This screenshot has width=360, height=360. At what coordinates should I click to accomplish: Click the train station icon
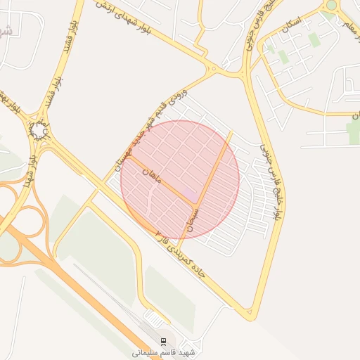tap(164, 341)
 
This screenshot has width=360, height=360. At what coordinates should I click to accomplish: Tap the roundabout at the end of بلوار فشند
tap(39, 131)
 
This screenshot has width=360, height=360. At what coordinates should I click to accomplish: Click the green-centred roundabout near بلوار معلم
tap(330, 6)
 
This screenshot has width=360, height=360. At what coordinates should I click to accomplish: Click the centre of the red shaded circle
tap(180, 180)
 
